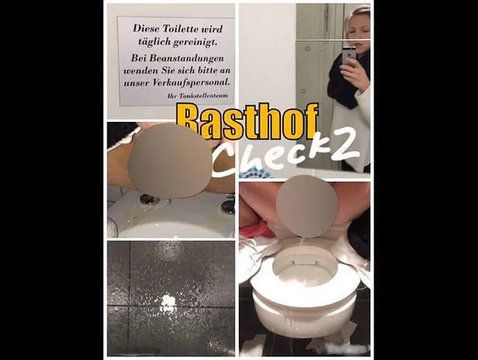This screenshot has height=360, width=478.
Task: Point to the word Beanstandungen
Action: (x=177, y=58)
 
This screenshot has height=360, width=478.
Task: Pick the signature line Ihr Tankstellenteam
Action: (x=197, y=96)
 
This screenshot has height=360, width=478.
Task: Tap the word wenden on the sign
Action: (x=137, y=71)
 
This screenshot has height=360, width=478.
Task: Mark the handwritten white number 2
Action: (x=344, y=146)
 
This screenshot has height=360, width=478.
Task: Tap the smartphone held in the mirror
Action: (x=349, y=55)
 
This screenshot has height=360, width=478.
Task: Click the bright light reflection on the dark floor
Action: (x=167, y=304)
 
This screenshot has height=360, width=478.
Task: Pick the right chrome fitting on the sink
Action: (x=229, y=205)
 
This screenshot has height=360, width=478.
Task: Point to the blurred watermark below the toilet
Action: (x=347, y=347)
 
